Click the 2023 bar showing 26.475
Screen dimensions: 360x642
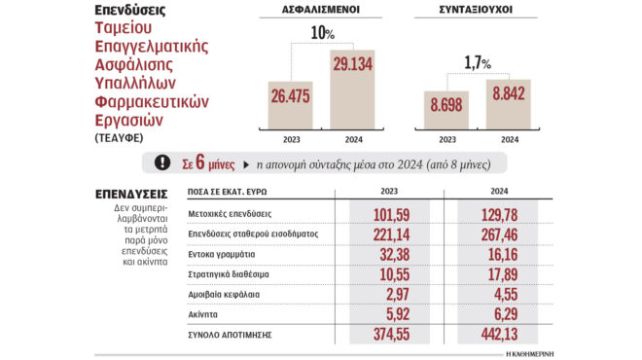[290, 103]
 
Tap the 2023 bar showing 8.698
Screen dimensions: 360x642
[446, 110]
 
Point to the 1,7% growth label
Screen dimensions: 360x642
[479, 61]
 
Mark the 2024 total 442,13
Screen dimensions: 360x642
[499, 336]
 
